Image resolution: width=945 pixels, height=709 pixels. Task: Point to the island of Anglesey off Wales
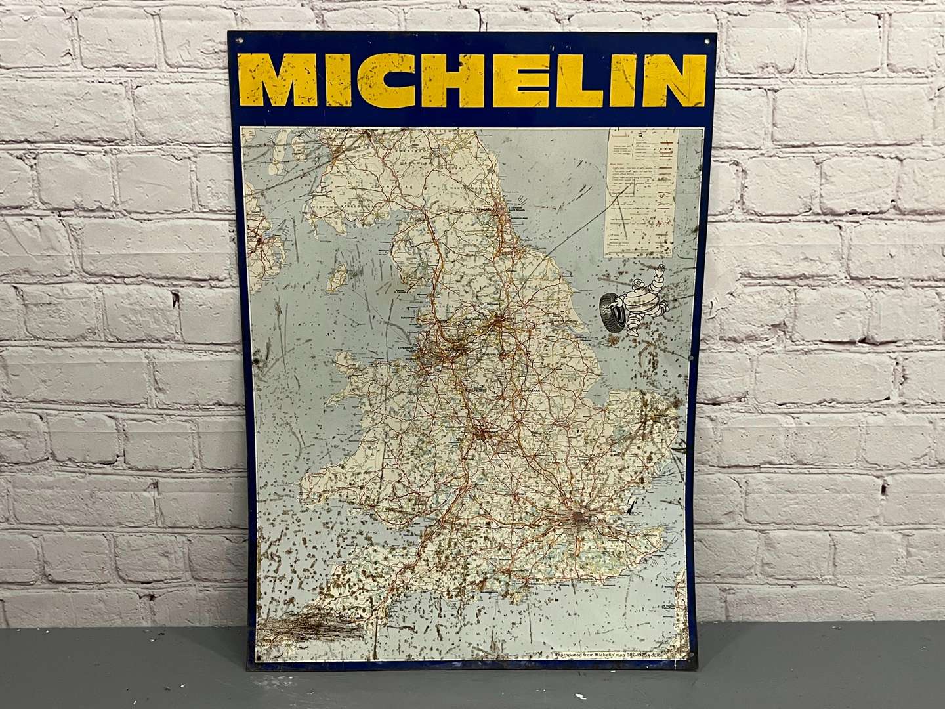pyautogui.click(x=346, y=359)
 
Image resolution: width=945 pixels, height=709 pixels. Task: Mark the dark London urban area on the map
pyautogui.click(x=581, y=519)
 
